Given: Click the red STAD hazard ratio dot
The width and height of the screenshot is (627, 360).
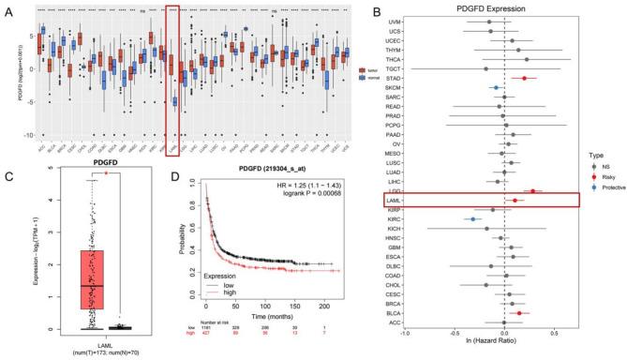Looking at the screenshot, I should [524, 79].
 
